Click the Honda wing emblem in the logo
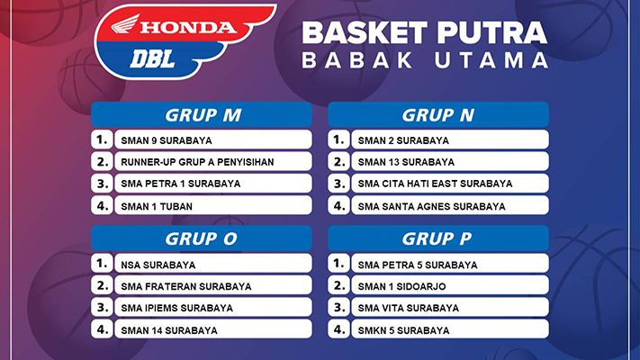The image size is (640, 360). coord(125,24)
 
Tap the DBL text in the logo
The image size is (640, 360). coord(153,59)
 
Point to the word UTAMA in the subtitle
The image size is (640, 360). coord(491,60)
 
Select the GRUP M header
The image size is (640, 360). coord(202,114)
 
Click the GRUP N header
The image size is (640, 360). coord(438,114)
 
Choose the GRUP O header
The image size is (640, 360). coord(202,238)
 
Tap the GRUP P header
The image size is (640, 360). coord(438,238)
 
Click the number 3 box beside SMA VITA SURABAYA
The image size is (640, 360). coord(338,307)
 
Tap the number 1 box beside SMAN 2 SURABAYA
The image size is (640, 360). coord(338,139)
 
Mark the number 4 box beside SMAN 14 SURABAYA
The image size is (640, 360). coord(102,329)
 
